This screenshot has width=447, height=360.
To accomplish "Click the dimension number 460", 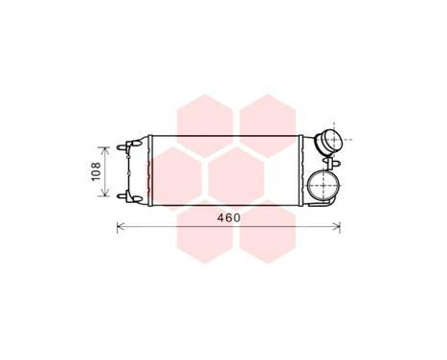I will click(x=228, y=217).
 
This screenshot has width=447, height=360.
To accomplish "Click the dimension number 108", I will click(x=95, y=171).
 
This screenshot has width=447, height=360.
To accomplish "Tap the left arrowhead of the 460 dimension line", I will click(x=119, y=227).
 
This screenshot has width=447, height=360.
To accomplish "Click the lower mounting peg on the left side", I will click(x=122, y=195).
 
